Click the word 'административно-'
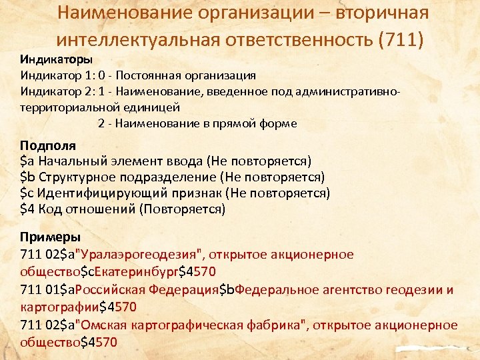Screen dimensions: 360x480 353,91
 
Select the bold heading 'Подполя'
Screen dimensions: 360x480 48,145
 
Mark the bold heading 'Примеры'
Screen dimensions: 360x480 51,237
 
